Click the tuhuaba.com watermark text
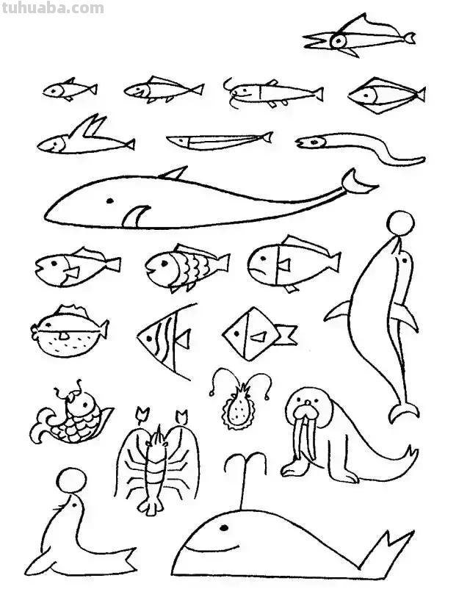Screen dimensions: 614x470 [x=52, y=9]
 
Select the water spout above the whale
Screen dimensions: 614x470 [x=245, y=470]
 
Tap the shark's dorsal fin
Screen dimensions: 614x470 [x=174, y=173]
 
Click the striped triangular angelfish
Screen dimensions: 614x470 [x=166, y=340]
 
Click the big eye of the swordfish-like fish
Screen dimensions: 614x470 [x=339, y=41]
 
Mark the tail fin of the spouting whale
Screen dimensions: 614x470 [x=389, y=553]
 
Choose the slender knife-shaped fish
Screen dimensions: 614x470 [x=219, y=139]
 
